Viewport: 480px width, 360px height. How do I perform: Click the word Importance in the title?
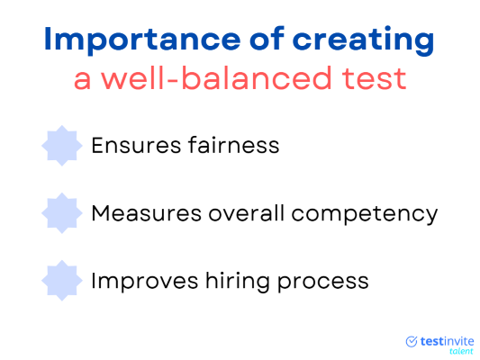(142, 40)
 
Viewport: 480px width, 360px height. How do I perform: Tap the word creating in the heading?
(363, 40)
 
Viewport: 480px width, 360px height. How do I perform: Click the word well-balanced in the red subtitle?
(216, 78)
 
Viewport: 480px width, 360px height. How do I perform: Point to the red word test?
(374, 79)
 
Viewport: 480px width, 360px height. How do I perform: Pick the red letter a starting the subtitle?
(83, 81)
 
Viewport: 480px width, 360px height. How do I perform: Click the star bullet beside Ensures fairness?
(62, 146)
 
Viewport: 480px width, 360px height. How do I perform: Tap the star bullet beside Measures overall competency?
(62, 213)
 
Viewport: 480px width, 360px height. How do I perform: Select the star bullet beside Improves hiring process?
(62, 281)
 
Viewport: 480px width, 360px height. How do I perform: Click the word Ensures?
(137, 146)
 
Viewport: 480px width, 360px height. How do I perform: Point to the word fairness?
(234, 145)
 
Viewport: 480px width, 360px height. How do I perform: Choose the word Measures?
(147, 213)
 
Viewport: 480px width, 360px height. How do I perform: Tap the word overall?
(247, 212)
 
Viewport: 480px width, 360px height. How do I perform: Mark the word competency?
(365, 215)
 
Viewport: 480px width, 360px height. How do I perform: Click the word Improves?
(145, 281)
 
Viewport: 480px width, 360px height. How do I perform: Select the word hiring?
(238, 281)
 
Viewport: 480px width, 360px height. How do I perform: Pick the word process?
(323, 283)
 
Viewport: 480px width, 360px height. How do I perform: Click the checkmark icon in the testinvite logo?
(412, 341)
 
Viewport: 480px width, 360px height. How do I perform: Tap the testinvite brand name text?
(447, 341)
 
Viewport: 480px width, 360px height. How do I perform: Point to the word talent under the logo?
(461, 351)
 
